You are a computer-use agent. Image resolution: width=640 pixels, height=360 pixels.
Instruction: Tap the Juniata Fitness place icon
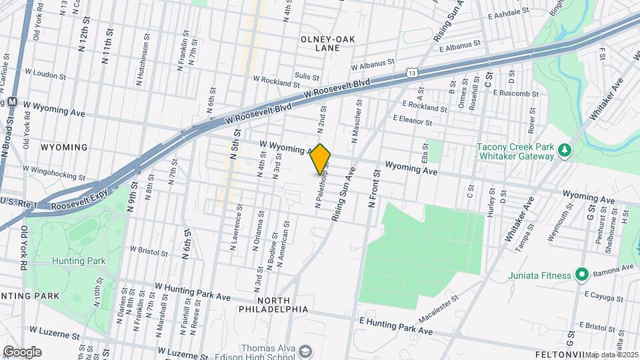tap(581, 274)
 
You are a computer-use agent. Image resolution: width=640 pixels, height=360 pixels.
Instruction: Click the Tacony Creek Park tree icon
tap(565, 149)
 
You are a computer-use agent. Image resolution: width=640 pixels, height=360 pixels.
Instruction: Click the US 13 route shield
tap(413, 72)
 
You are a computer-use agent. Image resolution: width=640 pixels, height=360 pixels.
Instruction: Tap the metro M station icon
tap(11, 102)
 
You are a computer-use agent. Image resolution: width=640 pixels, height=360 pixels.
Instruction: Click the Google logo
tap(22, 351)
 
